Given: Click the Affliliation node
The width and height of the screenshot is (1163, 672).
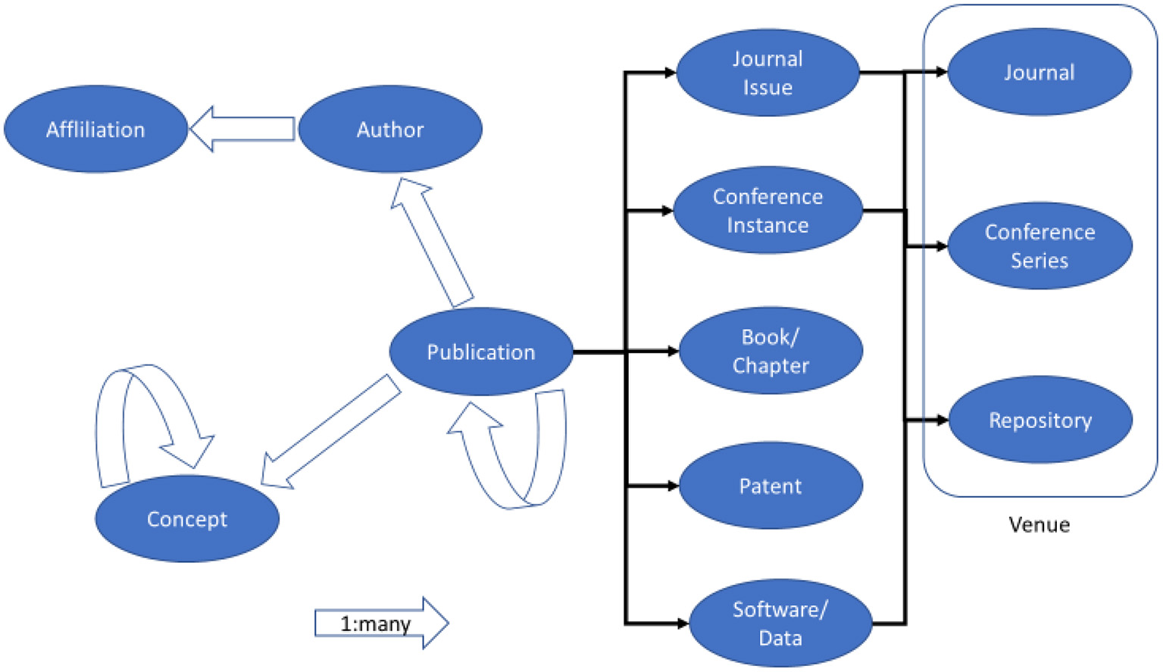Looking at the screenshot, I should click(95, 130).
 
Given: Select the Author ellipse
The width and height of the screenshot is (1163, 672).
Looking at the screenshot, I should click(389, 130).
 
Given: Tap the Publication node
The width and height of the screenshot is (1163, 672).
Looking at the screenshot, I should click(480, 352).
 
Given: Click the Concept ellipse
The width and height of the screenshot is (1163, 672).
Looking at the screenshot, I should click(186, 519).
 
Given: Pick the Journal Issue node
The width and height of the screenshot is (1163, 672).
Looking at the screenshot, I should click(767, 73).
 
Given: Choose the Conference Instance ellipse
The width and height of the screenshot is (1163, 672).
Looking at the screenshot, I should click(767, 211).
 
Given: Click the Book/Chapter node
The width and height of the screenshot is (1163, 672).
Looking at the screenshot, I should click(770, 351).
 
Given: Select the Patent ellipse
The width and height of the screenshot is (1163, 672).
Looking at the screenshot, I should click(770, 486).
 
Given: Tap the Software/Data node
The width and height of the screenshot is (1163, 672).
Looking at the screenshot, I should click(780, 624).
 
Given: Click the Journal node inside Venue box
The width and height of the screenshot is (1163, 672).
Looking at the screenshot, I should click(1039, 73).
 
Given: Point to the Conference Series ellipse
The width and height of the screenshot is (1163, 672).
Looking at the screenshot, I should click(1040, 245).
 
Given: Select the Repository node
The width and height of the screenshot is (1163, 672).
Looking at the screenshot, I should click(1040, 420).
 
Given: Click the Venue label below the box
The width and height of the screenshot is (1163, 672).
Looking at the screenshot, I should click(1039, 524).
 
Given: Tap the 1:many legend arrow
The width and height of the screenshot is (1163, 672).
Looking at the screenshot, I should click(380, 624).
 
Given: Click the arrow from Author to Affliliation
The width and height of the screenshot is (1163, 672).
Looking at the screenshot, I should click(242, 129).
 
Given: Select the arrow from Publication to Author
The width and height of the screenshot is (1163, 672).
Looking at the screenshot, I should click(431, 242).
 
